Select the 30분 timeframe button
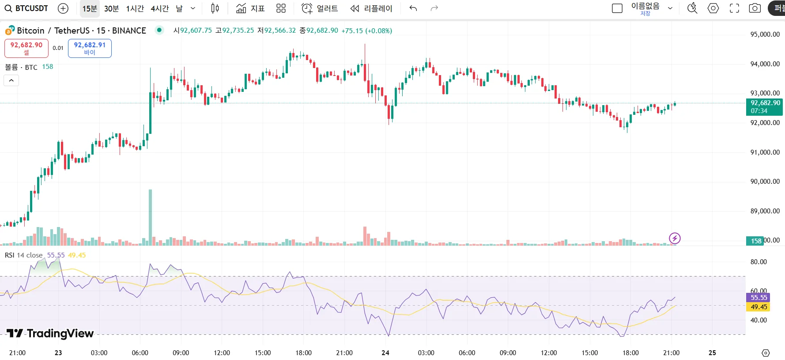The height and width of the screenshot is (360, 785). click(111, 8)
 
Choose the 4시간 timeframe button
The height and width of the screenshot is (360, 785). click(159, 8)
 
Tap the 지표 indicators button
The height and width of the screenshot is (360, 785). click(250, 8)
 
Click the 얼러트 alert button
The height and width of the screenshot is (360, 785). click(320, 8)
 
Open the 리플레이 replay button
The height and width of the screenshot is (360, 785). click(371, 8)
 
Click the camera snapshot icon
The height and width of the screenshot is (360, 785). click(755, 8)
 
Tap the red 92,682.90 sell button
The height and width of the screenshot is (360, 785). click(26, 48)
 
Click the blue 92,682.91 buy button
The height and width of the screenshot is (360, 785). click(90, 48)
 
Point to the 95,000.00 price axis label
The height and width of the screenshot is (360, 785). click(765, 34)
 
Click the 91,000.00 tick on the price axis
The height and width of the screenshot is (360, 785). click(765, 152)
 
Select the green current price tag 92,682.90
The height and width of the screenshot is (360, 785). click(765, 106)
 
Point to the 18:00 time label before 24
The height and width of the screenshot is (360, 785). click(303, 353)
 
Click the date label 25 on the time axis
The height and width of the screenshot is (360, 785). click(712, 353)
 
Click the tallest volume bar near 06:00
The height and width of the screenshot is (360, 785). click(150, 216)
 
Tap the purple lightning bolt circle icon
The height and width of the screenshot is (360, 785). click(675, 239)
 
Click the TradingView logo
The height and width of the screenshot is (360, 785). click(50, 333)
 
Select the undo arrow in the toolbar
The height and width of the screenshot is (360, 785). click(413, 8)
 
